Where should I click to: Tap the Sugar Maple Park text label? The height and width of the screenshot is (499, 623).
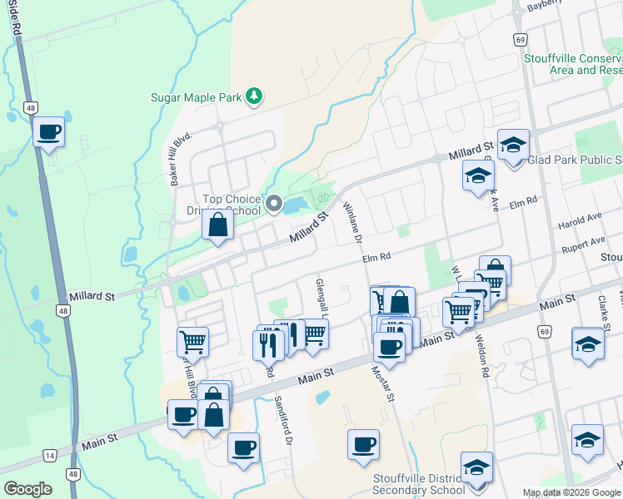pyautogui.click(x=196, y=97)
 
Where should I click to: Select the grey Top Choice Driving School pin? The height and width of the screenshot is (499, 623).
pyautogui.click(x=275, y=202)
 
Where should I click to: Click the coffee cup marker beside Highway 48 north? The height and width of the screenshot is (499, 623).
pyautogui.click(x=49, y=131)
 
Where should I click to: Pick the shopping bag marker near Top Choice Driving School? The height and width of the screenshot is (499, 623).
pyautogui.click(x=217, y=225)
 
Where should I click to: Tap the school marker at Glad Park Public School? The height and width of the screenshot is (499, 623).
pyautogui.click(x=513, y=145)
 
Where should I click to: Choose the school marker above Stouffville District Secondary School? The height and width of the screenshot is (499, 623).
pyautogui.click(x=476, y=467)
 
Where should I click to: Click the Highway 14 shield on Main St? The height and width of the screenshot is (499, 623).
pyautogui.click(x=50, y=456)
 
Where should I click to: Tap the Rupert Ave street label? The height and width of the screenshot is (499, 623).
pyautogui.click(x=582, y=242)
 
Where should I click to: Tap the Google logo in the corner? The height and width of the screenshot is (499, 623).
pyautogui.click(x=27, y=488)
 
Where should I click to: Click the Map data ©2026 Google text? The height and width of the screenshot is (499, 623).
pyautogui.click(x=571, y=492)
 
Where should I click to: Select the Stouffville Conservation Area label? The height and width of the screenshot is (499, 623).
pyautogui.click(x=573, y=64)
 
